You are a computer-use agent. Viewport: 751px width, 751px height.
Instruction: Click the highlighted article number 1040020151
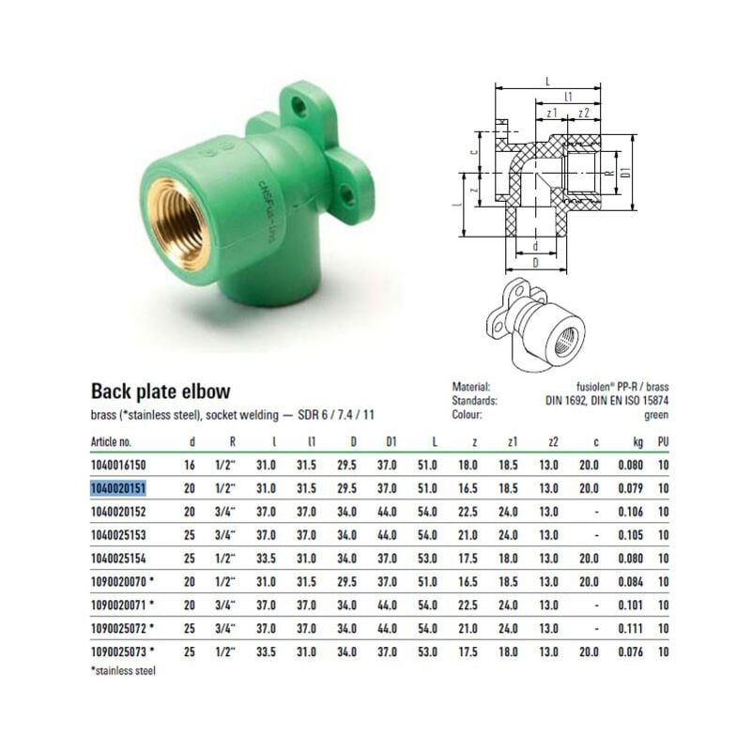118,488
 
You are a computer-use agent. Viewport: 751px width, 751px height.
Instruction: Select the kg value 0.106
630,512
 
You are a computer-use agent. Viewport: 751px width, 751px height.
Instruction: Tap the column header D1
391,441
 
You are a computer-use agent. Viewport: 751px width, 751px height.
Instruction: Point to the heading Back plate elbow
161,391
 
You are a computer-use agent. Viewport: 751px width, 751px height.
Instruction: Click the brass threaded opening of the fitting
177,223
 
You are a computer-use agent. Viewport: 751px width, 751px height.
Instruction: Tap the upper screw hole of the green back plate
300,106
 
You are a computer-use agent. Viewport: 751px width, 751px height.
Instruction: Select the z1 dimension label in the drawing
552,113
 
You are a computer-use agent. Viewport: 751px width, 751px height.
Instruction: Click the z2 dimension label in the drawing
583,113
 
